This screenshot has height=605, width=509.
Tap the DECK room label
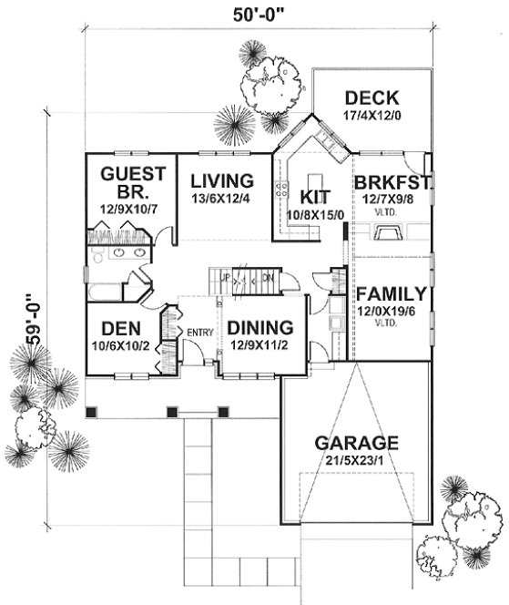pos(372,97)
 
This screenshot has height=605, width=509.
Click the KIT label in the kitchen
pos(307,196)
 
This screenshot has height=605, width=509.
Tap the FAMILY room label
pos(391,294)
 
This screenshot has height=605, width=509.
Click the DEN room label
pos(119,327)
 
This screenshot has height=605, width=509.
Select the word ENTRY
pos(199,331)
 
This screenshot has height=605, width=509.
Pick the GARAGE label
pos(356,443)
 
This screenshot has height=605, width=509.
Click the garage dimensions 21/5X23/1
pos(356,462)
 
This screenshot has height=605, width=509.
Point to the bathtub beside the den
pos(104,292)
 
